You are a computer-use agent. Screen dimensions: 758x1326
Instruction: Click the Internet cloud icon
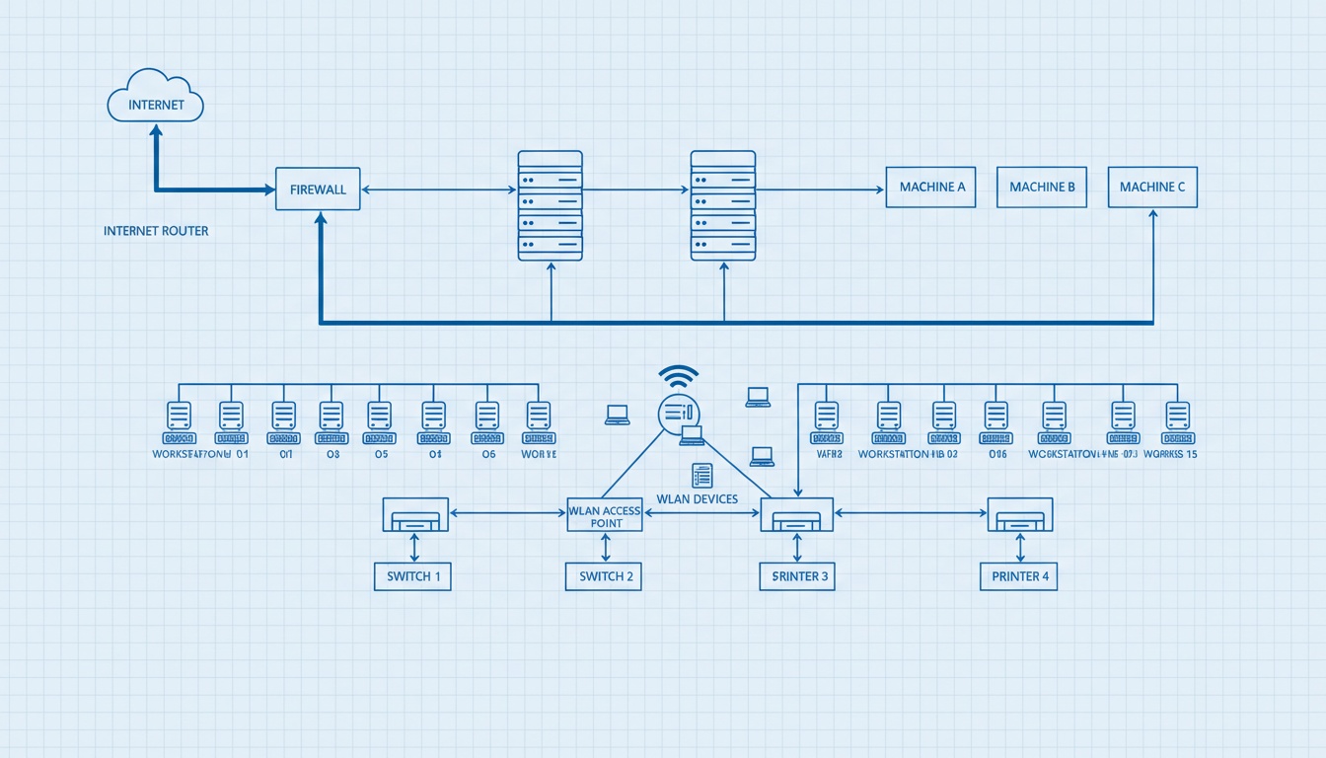click(x=155, y=98)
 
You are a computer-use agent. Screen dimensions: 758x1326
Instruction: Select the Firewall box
click(x=318, y=189)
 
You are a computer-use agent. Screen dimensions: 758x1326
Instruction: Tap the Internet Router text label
click(x=156, y=231)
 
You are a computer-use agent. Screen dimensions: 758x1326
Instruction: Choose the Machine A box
click(x=930, y=187)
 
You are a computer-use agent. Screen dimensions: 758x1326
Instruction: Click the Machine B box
click(x=1042, y=187)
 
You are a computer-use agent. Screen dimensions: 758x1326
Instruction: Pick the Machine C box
click(x=1152, y=187)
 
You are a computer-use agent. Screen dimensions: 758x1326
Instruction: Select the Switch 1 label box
click(x=412, y=576)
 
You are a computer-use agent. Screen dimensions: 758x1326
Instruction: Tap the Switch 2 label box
click(x=604, y=576)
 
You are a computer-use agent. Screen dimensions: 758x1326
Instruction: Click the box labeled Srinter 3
click(x=797, y=576)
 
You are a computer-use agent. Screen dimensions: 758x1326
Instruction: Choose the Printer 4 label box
click(x=1018, y=576)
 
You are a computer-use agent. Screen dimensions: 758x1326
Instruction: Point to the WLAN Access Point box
click(x=605, y=515)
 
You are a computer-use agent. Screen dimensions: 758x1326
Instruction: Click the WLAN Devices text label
click(x=697, y=499)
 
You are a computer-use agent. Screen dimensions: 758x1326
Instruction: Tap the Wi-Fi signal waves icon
click(x=679, y=376)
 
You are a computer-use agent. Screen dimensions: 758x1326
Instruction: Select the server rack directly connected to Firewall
click(x=551, y=205)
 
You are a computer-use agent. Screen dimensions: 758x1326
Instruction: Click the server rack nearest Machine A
click(x=723, y=205)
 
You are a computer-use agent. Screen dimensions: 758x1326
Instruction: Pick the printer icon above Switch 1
click(x=415, y=514)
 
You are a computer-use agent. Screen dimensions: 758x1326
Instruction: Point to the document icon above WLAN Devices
click(x=701, y=475)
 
